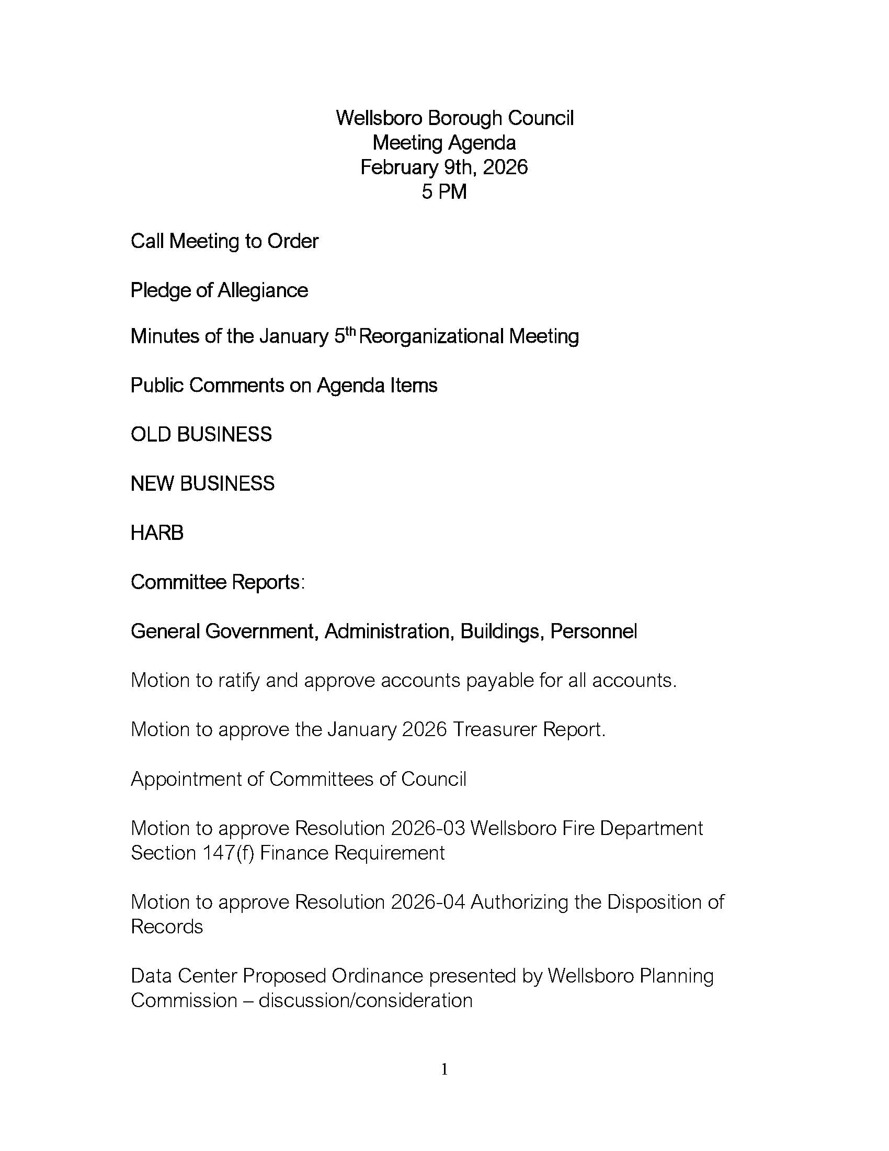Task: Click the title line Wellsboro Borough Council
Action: [x=454, y=118]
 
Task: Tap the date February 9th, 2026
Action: [x=444, y=167]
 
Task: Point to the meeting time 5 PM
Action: [x=444, y=192]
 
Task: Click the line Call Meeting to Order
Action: [x=224, y=241]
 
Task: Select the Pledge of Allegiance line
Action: [x=219, y=290]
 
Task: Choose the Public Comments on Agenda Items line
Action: [x=284, y=385]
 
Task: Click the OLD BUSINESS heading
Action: [x=201, y=434]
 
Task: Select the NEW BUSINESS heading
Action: [x=203, y=483]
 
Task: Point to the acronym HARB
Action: [x=157, y=533]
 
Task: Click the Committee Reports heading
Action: [x=218, y=582]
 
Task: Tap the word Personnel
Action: [x=594, y=631]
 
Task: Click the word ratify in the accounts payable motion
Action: [x=238, y=680]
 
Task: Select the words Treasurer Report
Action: [x=529, y=729]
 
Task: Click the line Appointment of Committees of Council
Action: [x=299, y=779]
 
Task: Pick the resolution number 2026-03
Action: [x=428, y=828]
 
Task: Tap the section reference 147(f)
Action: [x=229, y=853]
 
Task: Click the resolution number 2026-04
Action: [x=428, y=902]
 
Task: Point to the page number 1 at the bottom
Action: [x=444, y=1069]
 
